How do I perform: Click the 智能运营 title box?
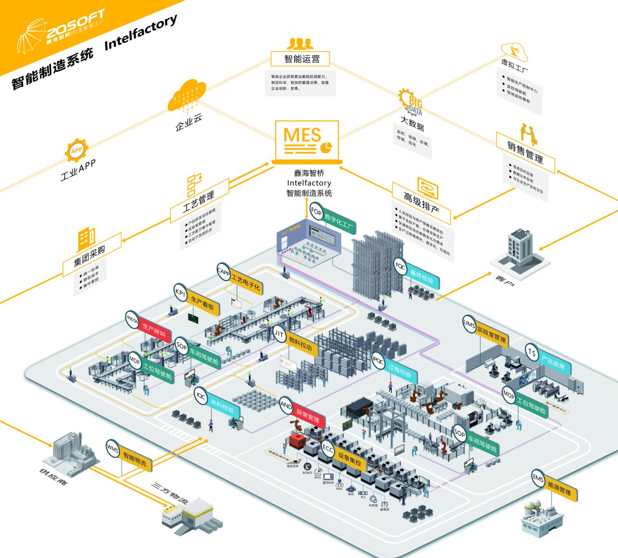(301, 59)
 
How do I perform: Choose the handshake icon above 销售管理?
(528, 134)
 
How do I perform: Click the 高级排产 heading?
(421, 203)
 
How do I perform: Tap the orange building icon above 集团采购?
(86, 240)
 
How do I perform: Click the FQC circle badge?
(400, 266)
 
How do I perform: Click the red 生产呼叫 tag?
(154, 331)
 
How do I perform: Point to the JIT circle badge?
(279, 334)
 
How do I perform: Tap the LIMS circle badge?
(469, 324)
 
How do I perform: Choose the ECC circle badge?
(328, 449)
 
